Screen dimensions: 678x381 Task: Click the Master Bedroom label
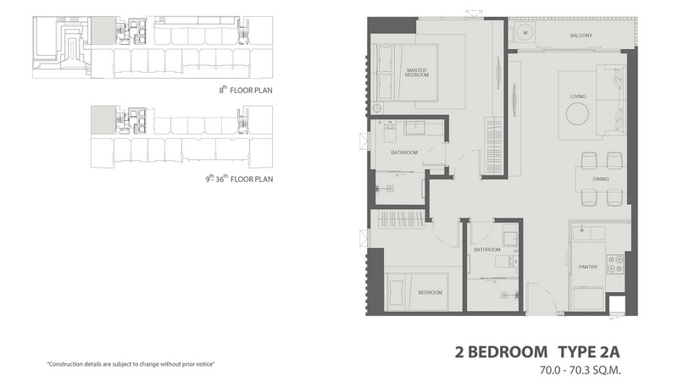417,73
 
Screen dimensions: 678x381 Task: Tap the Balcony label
581,36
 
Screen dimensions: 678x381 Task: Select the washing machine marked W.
525,33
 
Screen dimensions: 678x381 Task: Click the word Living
578,97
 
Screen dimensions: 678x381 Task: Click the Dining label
601,179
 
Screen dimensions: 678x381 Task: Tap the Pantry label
588,267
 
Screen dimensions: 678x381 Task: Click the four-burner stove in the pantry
616,264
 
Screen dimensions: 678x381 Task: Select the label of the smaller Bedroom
431,292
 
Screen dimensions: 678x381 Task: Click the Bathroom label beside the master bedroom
404,152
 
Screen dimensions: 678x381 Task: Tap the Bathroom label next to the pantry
486,250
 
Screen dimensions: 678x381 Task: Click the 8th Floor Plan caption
246,90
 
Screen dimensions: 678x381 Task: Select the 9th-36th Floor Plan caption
239,179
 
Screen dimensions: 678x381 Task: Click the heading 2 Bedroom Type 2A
537,352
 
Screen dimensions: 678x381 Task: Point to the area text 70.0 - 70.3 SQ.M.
580,370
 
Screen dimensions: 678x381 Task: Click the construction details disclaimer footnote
131,364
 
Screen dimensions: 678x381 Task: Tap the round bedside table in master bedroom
377,108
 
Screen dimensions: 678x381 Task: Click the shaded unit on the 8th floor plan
103,30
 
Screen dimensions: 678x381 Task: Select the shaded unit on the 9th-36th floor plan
103,119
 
